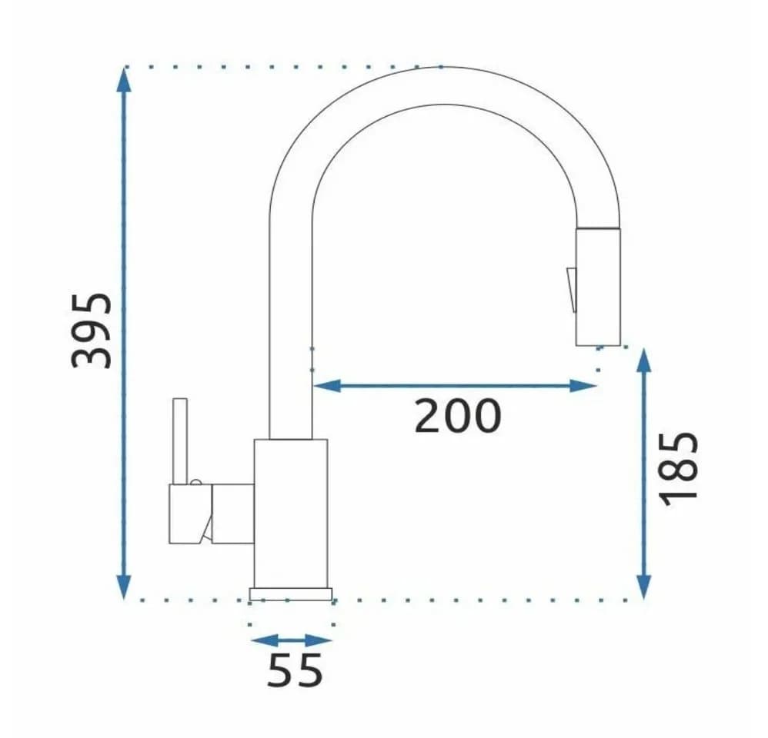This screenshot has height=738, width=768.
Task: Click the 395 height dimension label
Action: point(92,331)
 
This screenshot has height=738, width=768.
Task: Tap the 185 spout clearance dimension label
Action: point(679,469)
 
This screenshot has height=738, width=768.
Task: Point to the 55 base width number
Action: point(295,670)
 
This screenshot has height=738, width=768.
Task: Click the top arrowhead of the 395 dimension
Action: point(124,78)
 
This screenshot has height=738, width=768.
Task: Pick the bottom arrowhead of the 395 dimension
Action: point(124,587)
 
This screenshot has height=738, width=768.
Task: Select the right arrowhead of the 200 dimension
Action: point(583,386)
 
